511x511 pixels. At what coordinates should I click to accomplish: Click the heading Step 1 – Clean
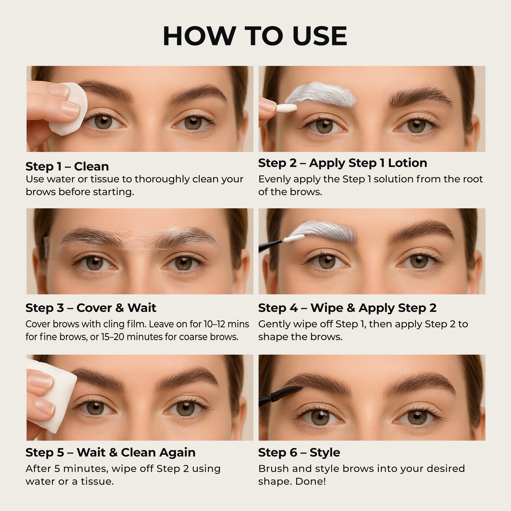[67, 167]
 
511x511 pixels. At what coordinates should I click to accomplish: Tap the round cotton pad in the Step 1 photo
[69, 109]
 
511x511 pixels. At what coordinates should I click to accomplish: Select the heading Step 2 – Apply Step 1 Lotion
[343, 163]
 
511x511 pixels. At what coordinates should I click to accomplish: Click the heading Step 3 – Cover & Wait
[91, 308]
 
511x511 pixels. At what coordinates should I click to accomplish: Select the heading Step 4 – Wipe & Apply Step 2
[347, 308]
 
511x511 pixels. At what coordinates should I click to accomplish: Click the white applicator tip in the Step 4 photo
[294, 239]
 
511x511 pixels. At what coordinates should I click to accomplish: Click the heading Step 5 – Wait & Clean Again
[111, 453]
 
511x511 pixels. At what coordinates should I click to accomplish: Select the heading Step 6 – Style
[299, 453]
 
